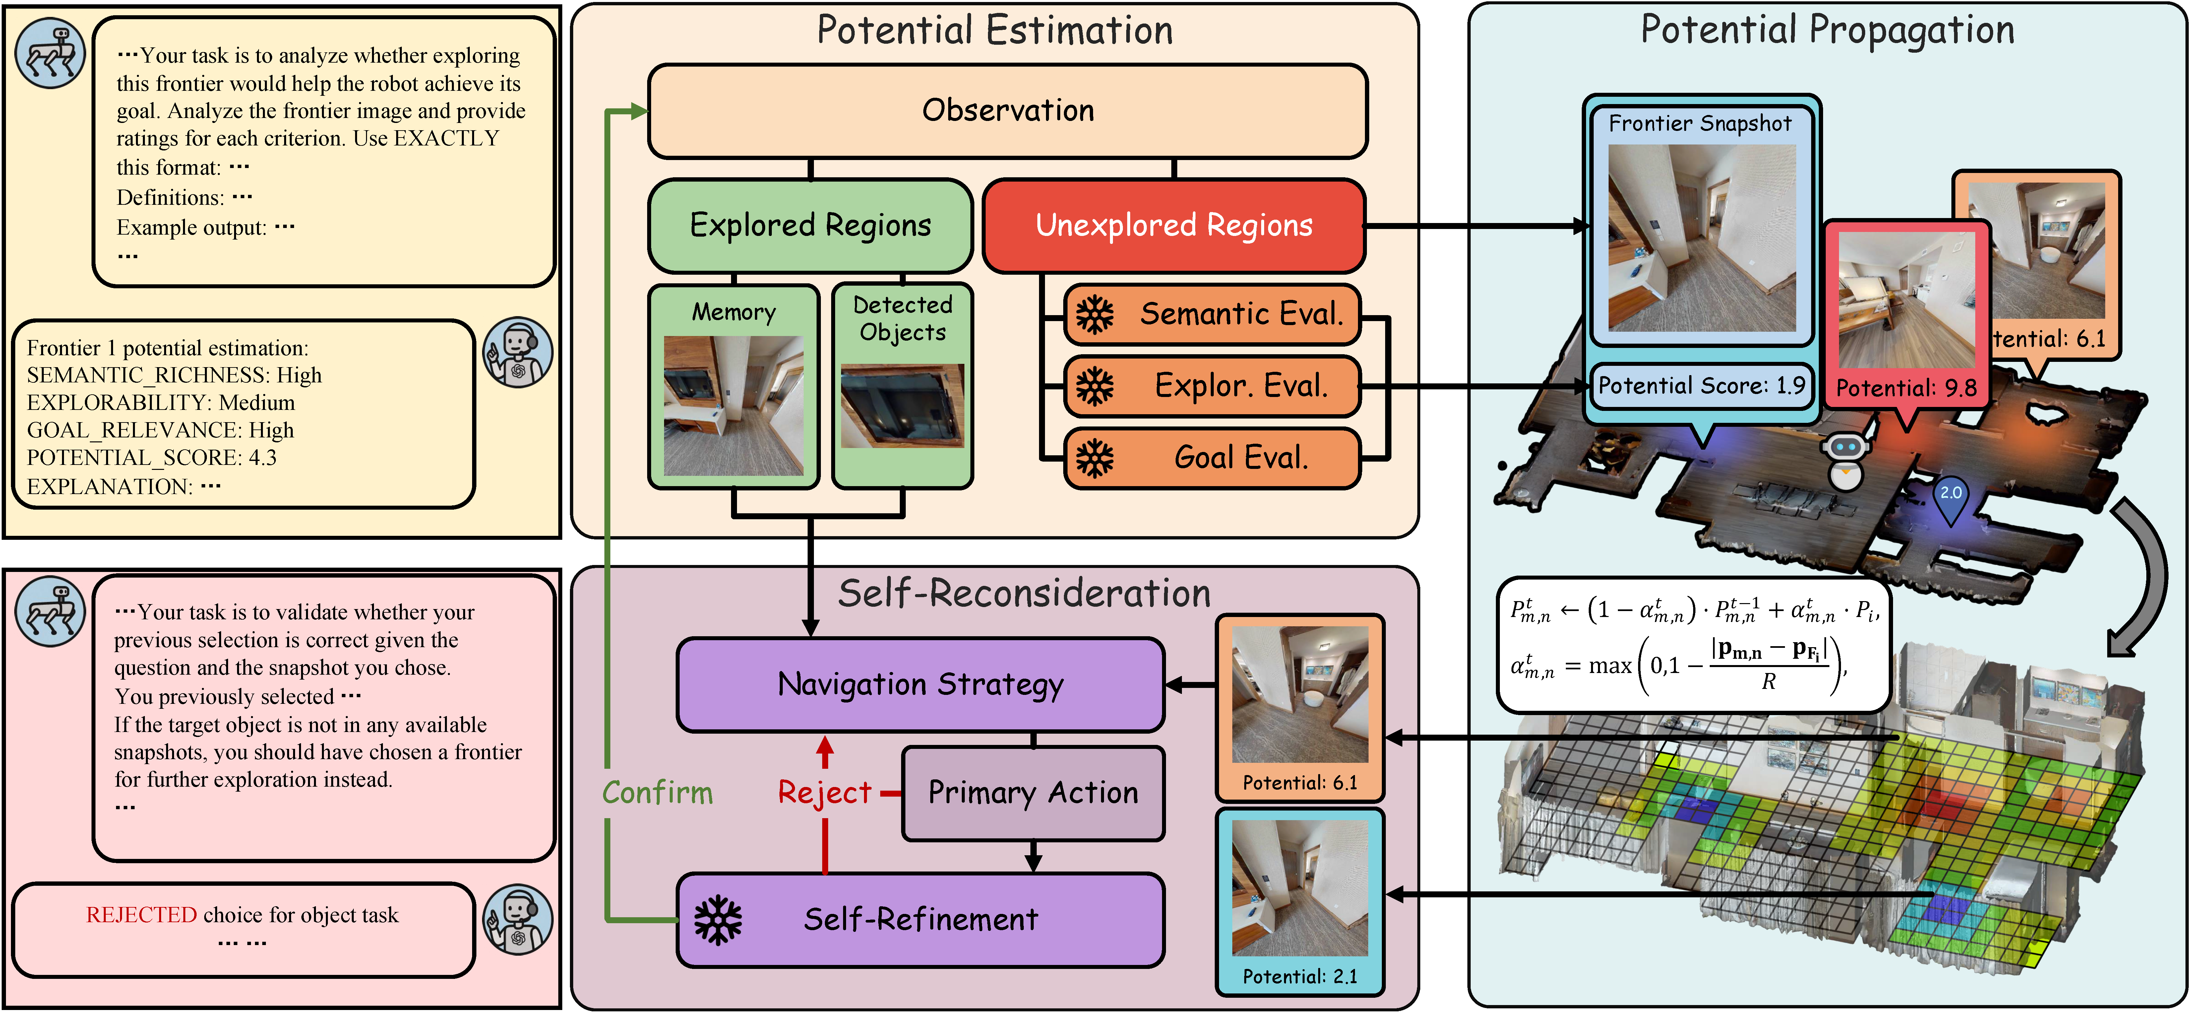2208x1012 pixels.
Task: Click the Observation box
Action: click(x=1007, y=111)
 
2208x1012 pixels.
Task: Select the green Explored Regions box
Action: click(x=810, y=225)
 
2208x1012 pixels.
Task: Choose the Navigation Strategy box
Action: click(x=920, y=685)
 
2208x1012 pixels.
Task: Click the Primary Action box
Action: click(x=1033, y=793)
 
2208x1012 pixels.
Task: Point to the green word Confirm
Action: click(x=657, y=793)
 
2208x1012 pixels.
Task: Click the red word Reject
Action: click(x=824, y=793)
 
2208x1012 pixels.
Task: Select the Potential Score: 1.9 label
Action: click(x=1701, y=386)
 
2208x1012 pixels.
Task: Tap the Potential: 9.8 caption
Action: click(x=1906, y=388)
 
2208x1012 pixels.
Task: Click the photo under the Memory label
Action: click(x=734, y=405)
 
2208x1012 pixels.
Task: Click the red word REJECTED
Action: click(x=142, y=915)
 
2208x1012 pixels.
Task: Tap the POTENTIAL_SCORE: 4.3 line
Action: click(x=152, y=458)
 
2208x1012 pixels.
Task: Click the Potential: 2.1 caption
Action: click(x=1299, y=977)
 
